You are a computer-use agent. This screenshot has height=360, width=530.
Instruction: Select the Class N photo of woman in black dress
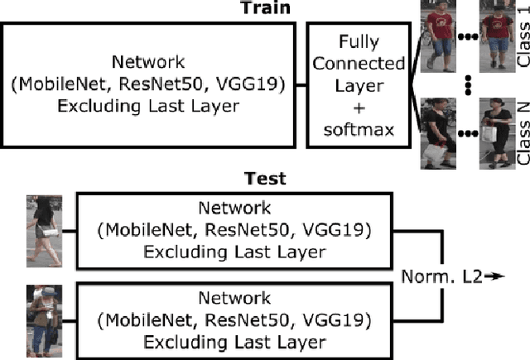pos(438,132)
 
